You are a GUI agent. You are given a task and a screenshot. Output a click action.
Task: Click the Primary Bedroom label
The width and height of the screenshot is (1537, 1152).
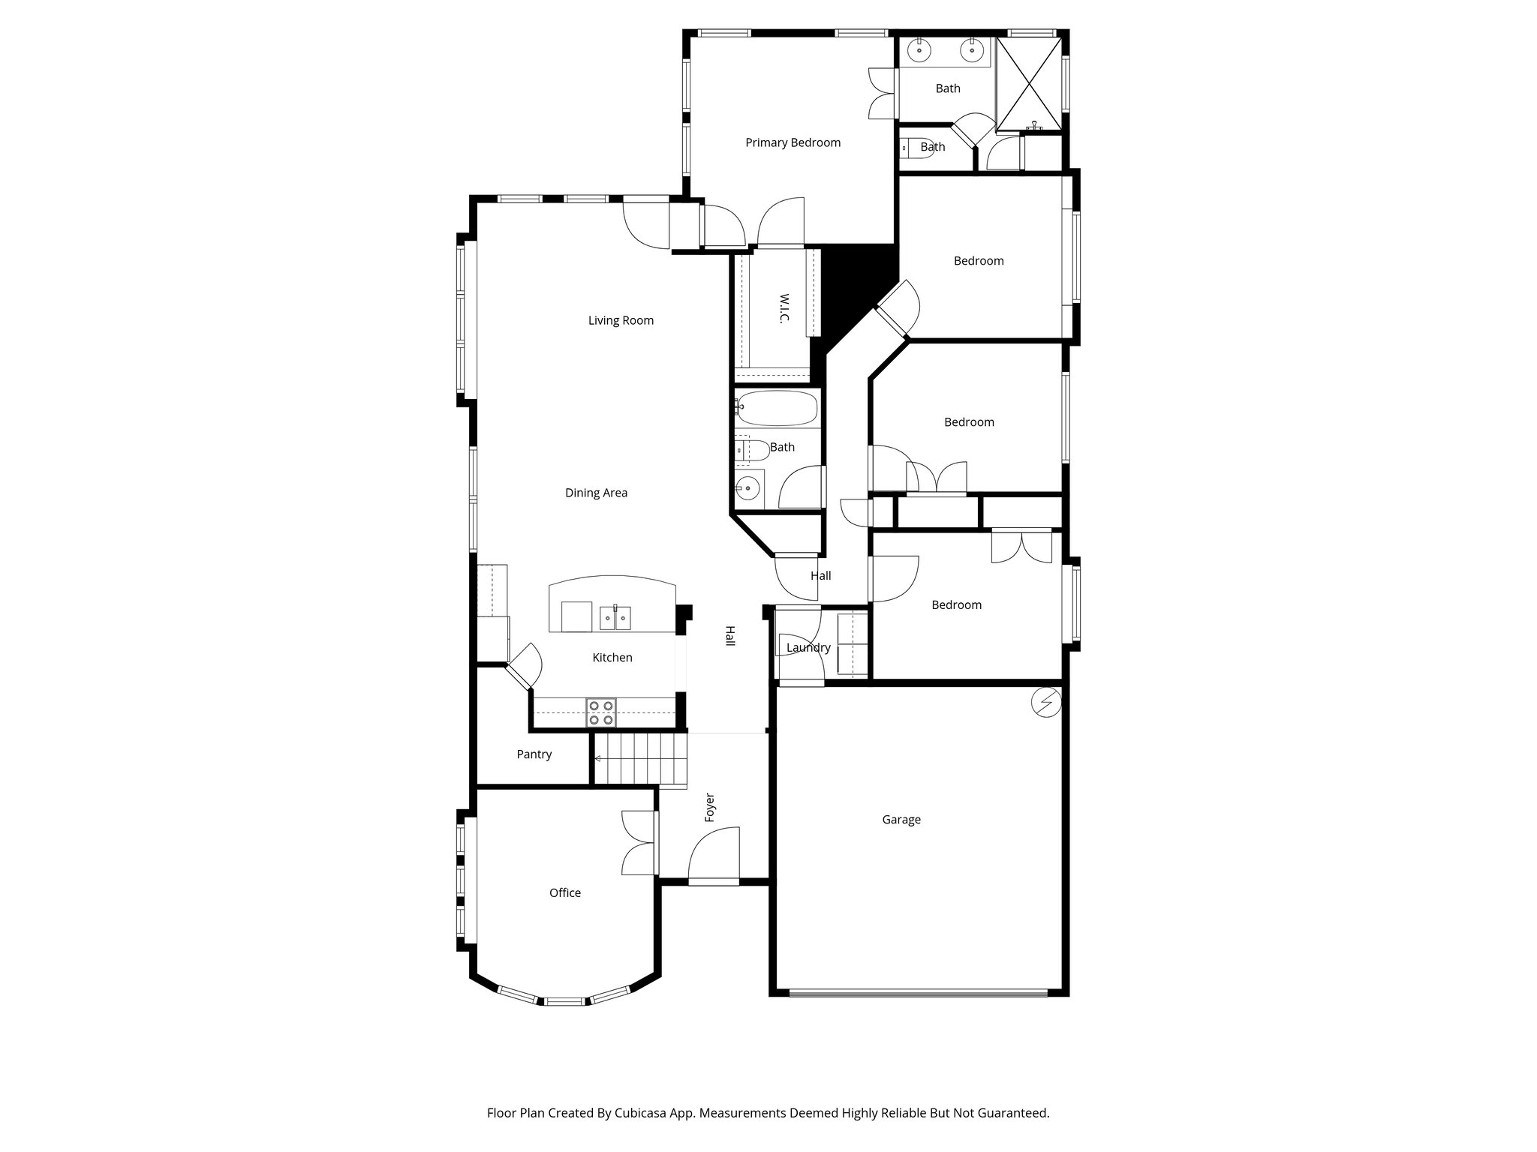click(x=793, y=142)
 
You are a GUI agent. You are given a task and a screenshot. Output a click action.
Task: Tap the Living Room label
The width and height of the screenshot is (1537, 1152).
click(x=621, y=320)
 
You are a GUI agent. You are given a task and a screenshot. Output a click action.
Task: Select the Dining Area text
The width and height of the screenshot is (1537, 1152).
click(x=596, y=493)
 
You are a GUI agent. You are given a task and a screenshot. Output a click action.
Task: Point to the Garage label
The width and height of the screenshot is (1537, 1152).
click(x=901, y=820)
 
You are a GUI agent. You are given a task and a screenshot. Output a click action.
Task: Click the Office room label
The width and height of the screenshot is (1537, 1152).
click(x=564, y=892)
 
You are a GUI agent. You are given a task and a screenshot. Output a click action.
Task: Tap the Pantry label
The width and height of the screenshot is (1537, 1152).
click(x=534, y=754)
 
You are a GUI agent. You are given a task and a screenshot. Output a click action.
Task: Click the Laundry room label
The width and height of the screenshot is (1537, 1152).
click(x=808, y=647)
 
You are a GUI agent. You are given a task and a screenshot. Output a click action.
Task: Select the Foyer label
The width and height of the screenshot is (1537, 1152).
click(x=710, y=808)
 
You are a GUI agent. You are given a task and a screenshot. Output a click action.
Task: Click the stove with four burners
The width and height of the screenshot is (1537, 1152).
click(x=600, y=712)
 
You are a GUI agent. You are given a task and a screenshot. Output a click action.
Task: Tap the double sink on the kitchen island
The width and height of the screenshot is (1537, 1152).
click(x=615, y=618)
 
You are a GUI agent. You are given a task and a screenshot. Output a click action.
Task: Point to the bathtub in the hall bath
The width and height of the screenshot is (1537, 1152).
click(x=776, y=408)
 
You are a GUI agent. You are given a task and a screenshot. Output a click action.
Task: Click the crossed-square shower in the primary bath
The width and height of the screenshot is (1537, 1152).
click(x=1029, y=83)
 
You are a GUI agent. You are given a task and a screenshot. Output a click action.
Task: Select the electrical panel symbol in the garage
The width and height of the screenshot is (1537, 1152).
click(x=1046, y=702)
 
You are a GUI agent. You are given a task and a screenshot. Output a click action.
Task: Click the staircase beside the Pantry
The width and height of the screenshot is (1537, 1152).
click(x=640, y=759)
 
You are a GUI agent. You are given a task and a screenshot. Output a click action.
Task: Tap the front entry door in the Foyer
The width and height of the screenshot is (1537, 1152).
click(x=713, y=855)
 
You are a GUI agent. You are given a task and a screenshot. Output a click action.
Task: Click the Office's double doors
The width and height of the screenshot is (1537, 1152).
click(x=639, y=843)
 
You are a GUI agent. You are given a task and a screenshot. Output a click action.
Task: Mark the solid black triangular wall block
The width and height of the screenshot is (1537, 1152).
click(x=856, y=285)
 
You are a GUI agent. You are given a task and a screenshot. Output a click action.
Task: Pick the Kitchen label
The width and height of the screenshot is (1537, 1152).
click(x=612, y=658)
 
